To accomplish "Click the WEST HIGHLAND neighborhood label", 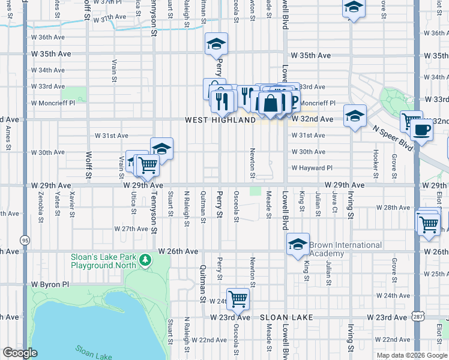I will point(220,120).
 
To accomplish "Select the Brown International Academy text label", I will point(345,249).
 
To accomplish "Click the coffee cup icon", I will point(421,129).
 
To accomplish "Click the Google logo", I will point(20,353).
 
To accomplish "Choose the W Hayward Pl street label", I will point(312,168).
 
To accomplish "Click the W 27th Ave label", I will point(131,229).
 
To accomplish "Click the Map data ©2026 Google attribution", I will point(411,355).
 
